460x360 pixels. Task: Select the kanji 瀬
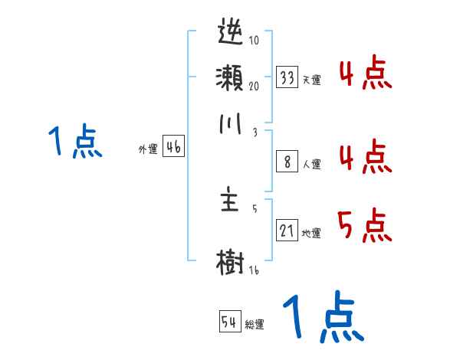[x=231, y=79]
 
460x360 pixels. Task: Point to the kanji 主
[x=231, y=202]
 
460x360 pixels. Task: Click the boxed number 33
[x=287, y=78]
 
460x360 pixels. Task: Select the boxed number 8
[x=287, y=162]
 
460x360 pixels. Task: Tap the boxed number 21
[x=287, y=231]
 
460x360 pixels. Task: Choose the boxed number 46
[x=173, y=149]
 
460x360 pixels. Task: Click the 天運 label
[x=311, y=80]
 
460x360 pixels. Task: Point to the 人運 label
[x=311, y=164]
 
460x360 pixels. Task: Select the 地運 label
[x=311, y=233]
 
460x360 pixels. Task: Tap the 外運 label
[x=148, y=150]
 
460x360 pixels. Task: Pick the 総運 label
[x=255, y=324]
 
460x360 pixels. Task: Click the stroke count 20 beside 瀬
[x=254, y=86]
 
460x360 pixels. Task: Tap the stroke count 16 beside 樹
[x=254, y=270]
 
